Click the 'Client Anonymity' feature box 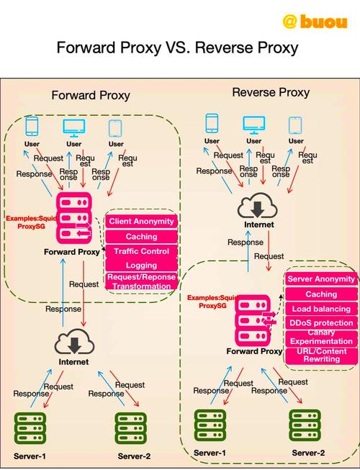[x=141, y=221]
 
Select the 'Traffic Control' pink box [x=141, y=251]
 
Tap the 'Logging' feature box [x=141, y=266]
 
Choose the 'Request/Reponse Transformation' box [x=141, y=281]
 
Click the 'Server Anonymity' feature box [x=321, y=279]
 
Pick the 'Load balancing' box [x=321, y=309]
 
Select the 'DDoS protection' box [x=321, y=324]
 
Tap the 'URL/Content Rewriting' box [x=321, y=355]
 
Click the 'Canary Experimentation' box [x=321, y=338]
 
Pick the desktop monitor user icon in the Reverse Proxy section [x=253, y=124]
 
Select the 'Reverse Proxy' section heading [x=271, y=92]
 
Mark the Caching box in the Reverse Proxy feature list [x=321, y=294]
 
